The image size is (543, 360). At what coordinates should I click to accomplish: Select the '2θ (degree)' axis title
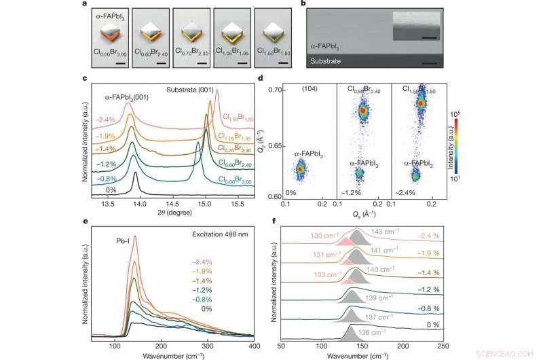pyautogui.click(x=168, y=213)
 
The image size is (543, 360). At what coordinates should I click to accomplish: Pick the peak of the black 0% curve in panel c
pyautogui.click(x=136, y=174)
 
